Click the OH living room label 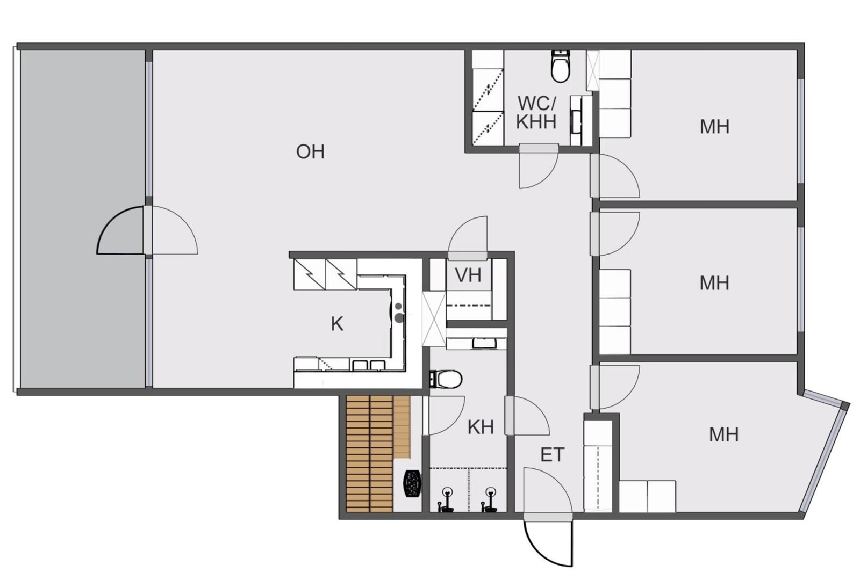click(310, 152)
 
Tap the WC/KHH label click(536, 112)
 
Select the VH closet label click(468, 275)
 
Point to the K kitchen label click(337, 324)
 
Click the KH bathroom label click(481, 427)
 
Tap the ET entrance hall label click(553, 455)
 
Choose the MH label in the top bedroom click(714, 127)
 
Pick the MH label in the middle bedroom click(714, 283)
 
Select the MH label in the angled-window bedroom click(723, 434)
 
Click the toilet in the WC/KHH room click(561, 67)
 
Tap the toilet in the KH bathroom click(446, 379)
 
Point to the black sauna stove click(412, 483)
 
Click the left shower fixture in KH click(447, 499)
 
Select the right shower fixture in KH click(490, 499)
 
